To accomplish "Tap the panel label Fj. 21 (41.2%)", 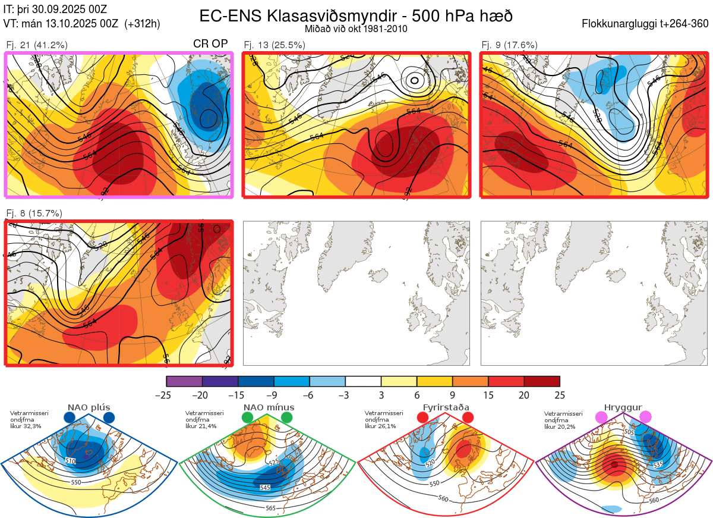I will [x=37, y=45].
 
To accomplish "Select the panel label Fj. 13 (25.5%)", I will [x=275, y=45].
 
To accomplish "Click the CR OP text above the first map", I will [x=211, y=44].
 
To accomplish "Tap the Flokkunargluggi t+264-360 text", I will [x=646, y=24].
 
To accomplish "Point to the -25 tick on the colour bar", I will [x=166, y=395].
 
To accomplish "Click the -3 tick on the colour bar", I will [x=345, y=395].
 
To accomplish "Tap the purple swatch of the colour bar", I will [x=184, y=381].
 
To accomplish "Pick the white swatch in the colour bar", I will [x=363, y=381].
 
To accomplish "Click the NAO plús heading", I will [x=89, y=407].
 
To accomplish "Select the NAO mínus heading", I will [x=269, y=407].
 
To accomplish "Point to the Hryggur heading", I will [x=623, y=407].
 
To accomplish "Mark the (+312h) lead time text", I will [x=143, y=24].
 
